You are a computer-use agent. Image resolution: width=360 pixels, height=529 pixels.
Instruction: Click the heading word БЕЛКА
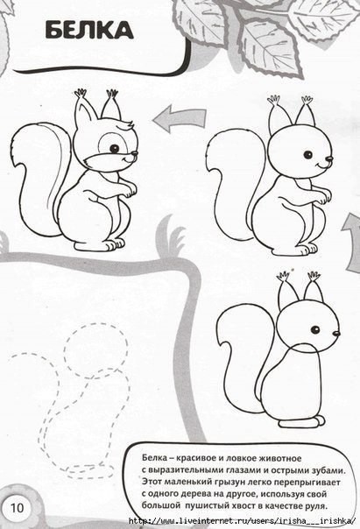89,30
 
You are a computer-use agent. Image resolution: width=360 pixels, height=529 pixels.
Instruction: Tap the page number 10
18,508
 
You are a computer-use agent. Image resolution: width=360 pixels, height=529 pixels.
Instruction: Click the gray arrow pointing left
180,117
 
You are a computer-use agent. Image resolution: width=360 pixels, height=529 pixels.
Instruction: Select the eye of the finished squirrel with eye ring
115,148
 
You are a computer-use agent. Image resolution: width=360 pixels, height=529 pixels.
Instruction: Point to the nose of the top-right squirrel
329,159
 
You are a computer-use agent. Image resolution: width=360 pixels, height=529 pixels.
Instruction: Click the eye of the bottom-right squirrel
315,329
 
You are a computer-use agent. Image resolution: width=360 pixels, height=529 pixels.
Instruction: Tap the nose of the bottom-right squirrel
336,334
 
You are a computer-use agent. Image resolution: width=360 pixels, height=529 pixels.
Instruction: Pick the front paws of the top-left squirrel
129,190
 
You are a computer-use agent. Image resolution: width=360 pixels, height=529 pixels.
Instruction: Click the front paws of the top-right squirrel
323,197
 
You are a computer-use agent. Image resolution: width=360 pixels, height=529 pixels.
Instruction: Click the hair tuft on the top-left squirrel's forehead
125,126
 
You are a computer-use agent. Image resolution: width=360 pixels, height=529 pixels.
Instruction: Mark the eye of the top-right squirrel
307,155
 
